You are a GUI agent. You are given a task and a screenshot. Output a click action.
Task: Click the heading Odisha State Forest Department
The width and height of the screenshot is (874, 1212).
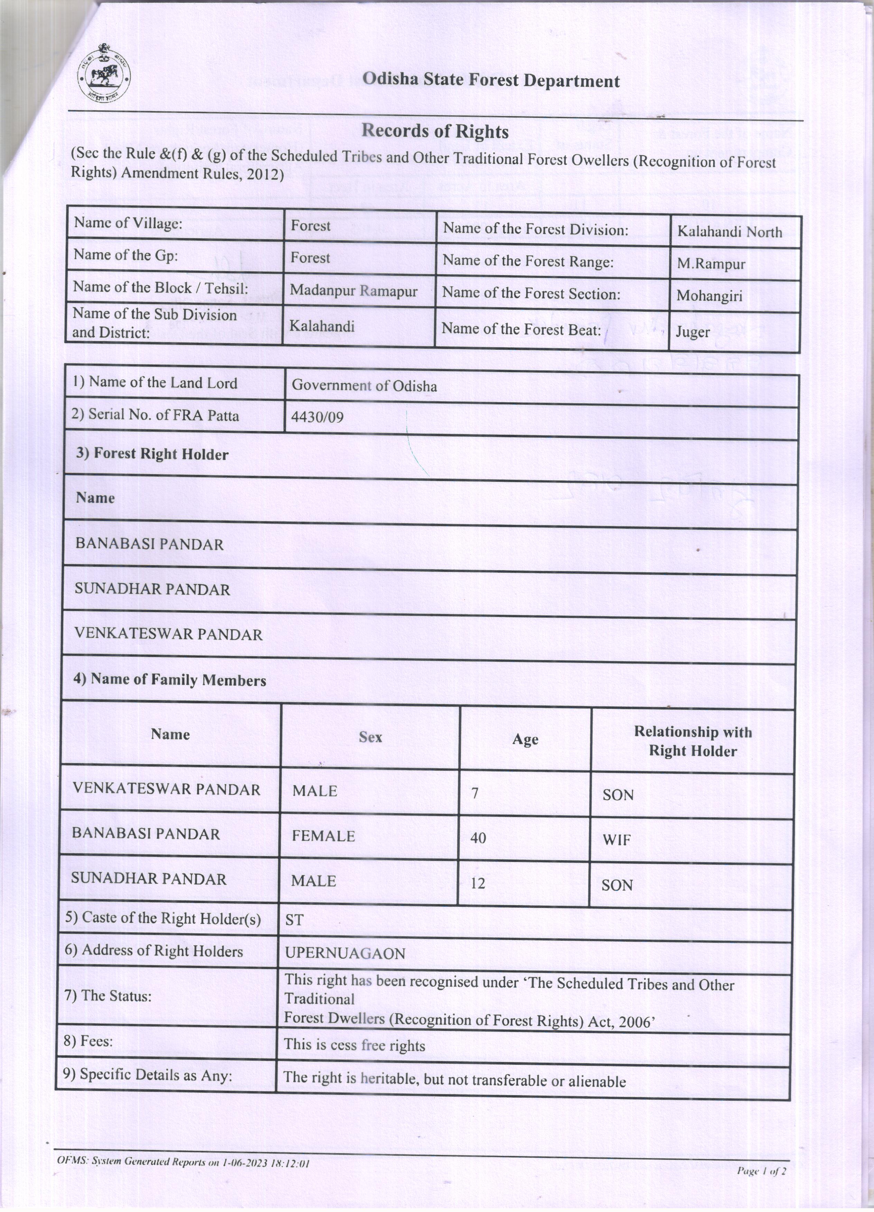[x=491, y=81]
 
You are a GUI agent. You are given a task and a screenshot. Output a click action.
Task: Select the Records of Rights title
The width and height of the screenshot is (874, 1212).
[x=435, y=131]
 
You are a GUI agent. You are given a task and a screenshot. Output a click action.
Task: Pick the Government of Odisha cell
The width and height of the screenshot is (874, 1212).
[x=364, y=386]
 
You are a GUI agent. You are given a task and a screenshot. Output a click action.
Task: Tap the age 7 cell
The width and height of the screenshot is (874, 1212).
[x=474, y=793]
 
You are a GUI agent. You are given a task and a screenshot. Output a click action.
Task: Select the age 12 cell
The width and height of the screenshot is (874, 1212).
[x=477, y=883]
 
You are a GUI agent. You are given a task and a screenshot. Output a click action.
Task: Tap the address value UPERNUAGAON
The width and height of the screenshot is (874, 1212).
[x=345, y=954]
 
